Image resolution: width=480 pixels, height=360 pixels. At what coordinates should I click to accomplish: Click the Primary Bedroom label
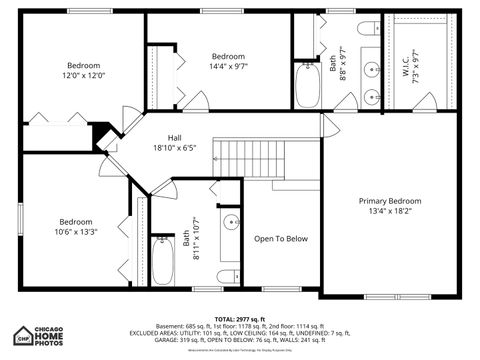point(390,200)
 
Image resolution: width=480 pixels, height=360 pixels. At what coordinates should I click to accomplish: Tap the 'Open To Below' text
point(281,239)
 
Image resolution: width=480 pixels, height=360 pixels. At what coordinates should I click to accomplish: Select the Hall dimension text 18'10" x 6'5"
point(174,148)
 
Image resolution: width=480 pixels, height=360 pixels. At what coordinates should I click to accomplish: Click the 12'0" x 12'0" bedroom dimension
point(85,75)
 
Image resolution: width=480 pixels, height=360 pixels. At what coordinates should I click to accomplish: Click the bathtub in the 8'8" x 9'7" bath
point(307,84)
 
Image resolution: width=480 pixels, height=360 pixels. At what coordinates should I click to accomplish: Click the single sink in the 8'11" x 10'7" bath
point(230,222)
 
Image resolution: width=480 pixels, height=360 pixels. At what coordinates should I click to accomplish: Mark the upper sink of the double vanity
point(371,70)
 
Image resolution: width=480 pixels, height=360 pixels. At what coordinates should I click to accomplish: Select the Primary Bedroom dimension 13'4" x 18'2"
point(390,212)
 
